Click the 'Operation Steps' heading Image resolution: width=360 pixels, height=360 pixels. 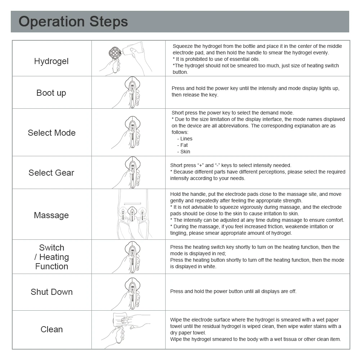73,22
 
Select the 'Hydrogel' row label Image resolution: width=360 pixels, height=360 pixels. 51,61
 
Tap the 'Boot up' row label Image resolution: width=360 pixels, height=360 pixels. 51,93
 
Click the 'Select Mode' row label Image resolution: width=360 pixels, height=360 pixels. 51,133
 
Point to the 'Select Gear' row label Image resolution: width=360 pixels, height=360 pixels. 51,173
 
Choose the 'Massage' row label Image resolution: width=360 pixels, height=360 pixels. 51,215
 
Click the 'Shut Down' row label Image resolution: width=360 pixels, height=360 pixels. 51,292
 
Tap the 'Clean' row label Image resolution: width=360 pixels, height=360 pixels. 51,329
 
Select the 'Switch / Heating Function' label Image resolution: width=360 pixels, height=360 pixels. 51,257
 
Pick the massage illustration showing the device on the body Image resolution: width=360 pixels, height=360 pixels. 132,215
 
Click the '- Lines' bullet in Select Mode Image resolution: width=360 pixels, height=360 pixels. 185,139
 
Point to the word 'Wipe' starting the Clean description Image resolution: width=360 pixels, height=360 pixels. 176,320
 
